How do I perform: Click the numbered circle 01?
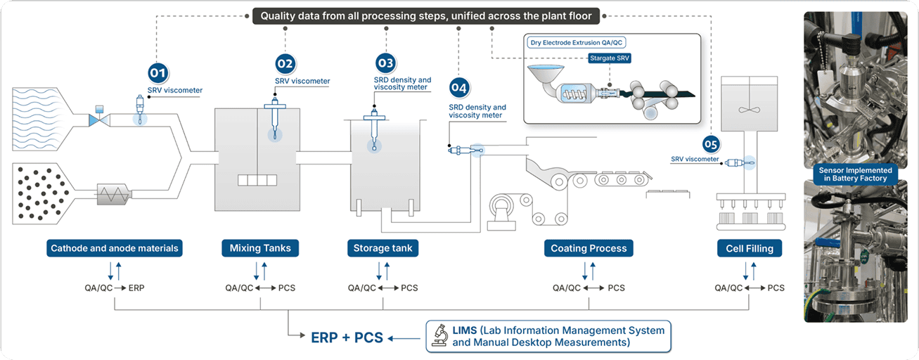(157, 72)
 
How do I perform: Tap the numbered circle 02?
(285, 63)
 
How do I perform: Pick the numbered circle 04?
(459, 89)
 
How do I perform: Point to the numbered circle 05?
(711, 145)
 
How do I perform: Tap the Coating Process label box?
(589, 248)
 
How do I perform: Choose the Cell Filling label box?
(750, 248)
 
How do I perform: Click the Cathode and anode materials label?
(115, 248)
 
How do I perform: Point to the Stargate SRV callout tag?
(609, 59)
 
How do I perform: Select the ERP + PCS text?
(347, 337)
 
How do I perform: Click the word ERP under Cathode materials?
(137, 288)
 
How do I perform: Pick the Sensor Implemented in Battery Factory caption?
(855, 174)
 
